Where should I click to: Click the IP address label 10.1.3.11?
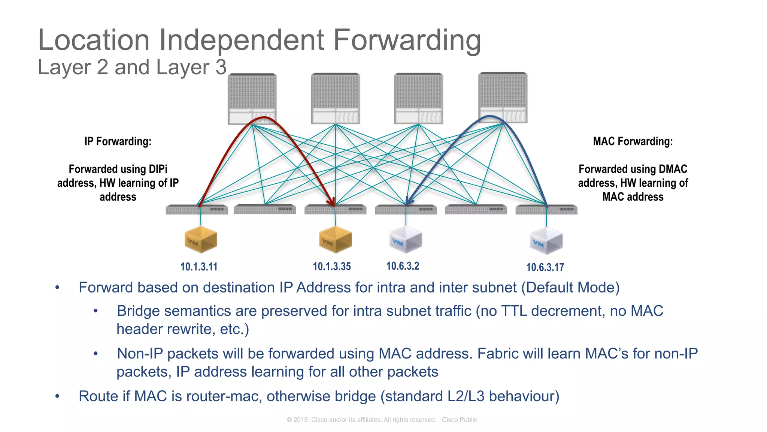pos(199,267)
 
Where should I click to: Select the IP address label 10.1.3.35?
pos(332,267)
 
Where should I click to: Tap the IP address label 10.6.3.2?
pos(403,266)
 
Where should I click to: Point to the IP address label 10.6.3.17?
pos(545,267)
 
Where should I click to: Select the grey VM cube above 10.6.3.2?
pos(406,239)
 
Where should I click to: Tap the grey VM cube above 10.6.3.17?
pos(546,240)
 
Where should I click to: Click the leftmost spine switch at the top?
pos(252,99)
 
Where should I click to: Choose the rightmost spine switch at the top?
pos(503,98)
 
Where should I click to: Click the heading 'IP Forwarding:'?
pos(118,141)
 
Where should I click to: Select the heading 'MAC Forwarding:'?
pos(633,141)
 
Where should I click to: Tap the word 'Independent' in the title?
pos(242,40)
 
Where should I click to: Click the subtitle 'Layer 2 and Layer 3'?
pos(132,67)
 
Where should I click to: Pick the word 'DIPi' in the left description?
pos(158,169)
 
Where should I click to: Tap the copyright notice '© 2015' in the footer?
pos(297,420)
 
